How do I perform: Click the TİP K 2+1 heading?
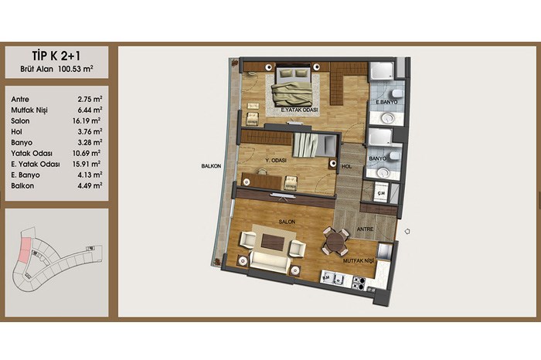(x=56, y=56)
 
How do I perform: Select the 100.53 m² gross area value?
(x=76, y=69)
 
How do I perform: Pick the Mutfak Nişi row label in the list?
(x=29, y=110)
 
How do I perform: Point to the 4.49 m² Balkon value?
(x=90, y=185)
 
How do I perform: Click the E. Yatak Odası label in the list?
(x=36, y=164)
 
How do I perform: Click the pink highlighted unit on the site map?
(x=25, y=251)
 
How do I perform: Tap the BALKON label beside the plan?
(x=211, y=166)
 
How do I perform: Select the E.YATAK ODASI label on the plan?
(x=299, y=110)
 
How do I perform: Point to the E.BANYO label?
(x=386, y=102)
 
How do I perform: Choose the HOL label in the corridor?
(x=347, y=167)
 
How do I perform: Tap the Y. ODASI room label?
(x=276, y=161)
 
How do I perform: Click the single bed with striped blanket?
(x=314, y=145)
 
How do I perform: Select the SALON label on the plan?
(x=287, y=222)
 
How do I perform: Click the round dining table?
(x=335, y=241)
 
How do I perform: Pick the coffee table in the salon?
(x=273, y=242)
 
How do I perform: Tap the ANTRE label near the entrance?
(x=365, y=229)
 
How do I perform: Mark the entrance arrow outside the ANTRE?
(x=407, y=232)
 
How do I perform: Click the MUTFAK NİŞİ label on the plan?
(x=358, y=261)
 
